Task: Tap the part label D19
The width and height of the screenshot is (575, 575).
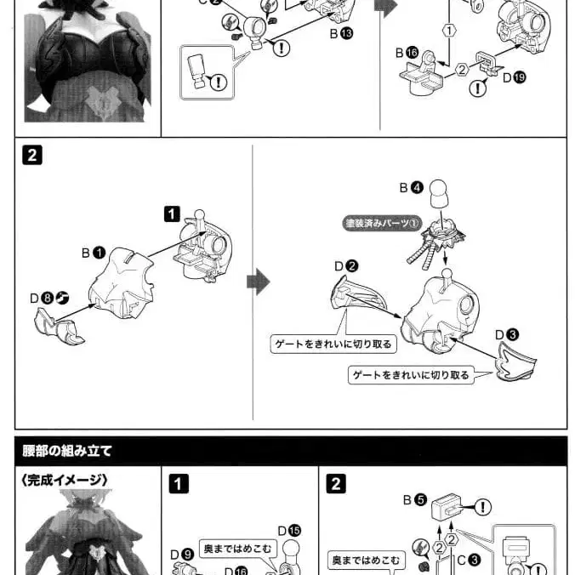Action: coord(515,77)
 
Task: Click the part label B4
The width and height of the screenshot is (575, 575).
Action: coord(411,187)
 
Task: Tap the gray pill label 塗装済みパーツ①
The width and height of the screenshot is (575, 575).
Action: coord(383,225)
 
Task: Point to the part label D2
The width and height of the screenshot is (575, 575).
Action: coord(346,266)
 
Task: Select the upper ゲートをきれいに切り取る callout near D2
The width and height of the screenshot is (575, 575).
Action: coord(321,344)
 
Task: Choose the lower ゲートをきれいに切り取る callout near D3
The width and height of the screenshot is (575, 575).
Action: coord(411,374)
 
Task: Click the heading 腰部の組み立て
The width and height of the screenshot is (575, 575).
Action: coord(69,451)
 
